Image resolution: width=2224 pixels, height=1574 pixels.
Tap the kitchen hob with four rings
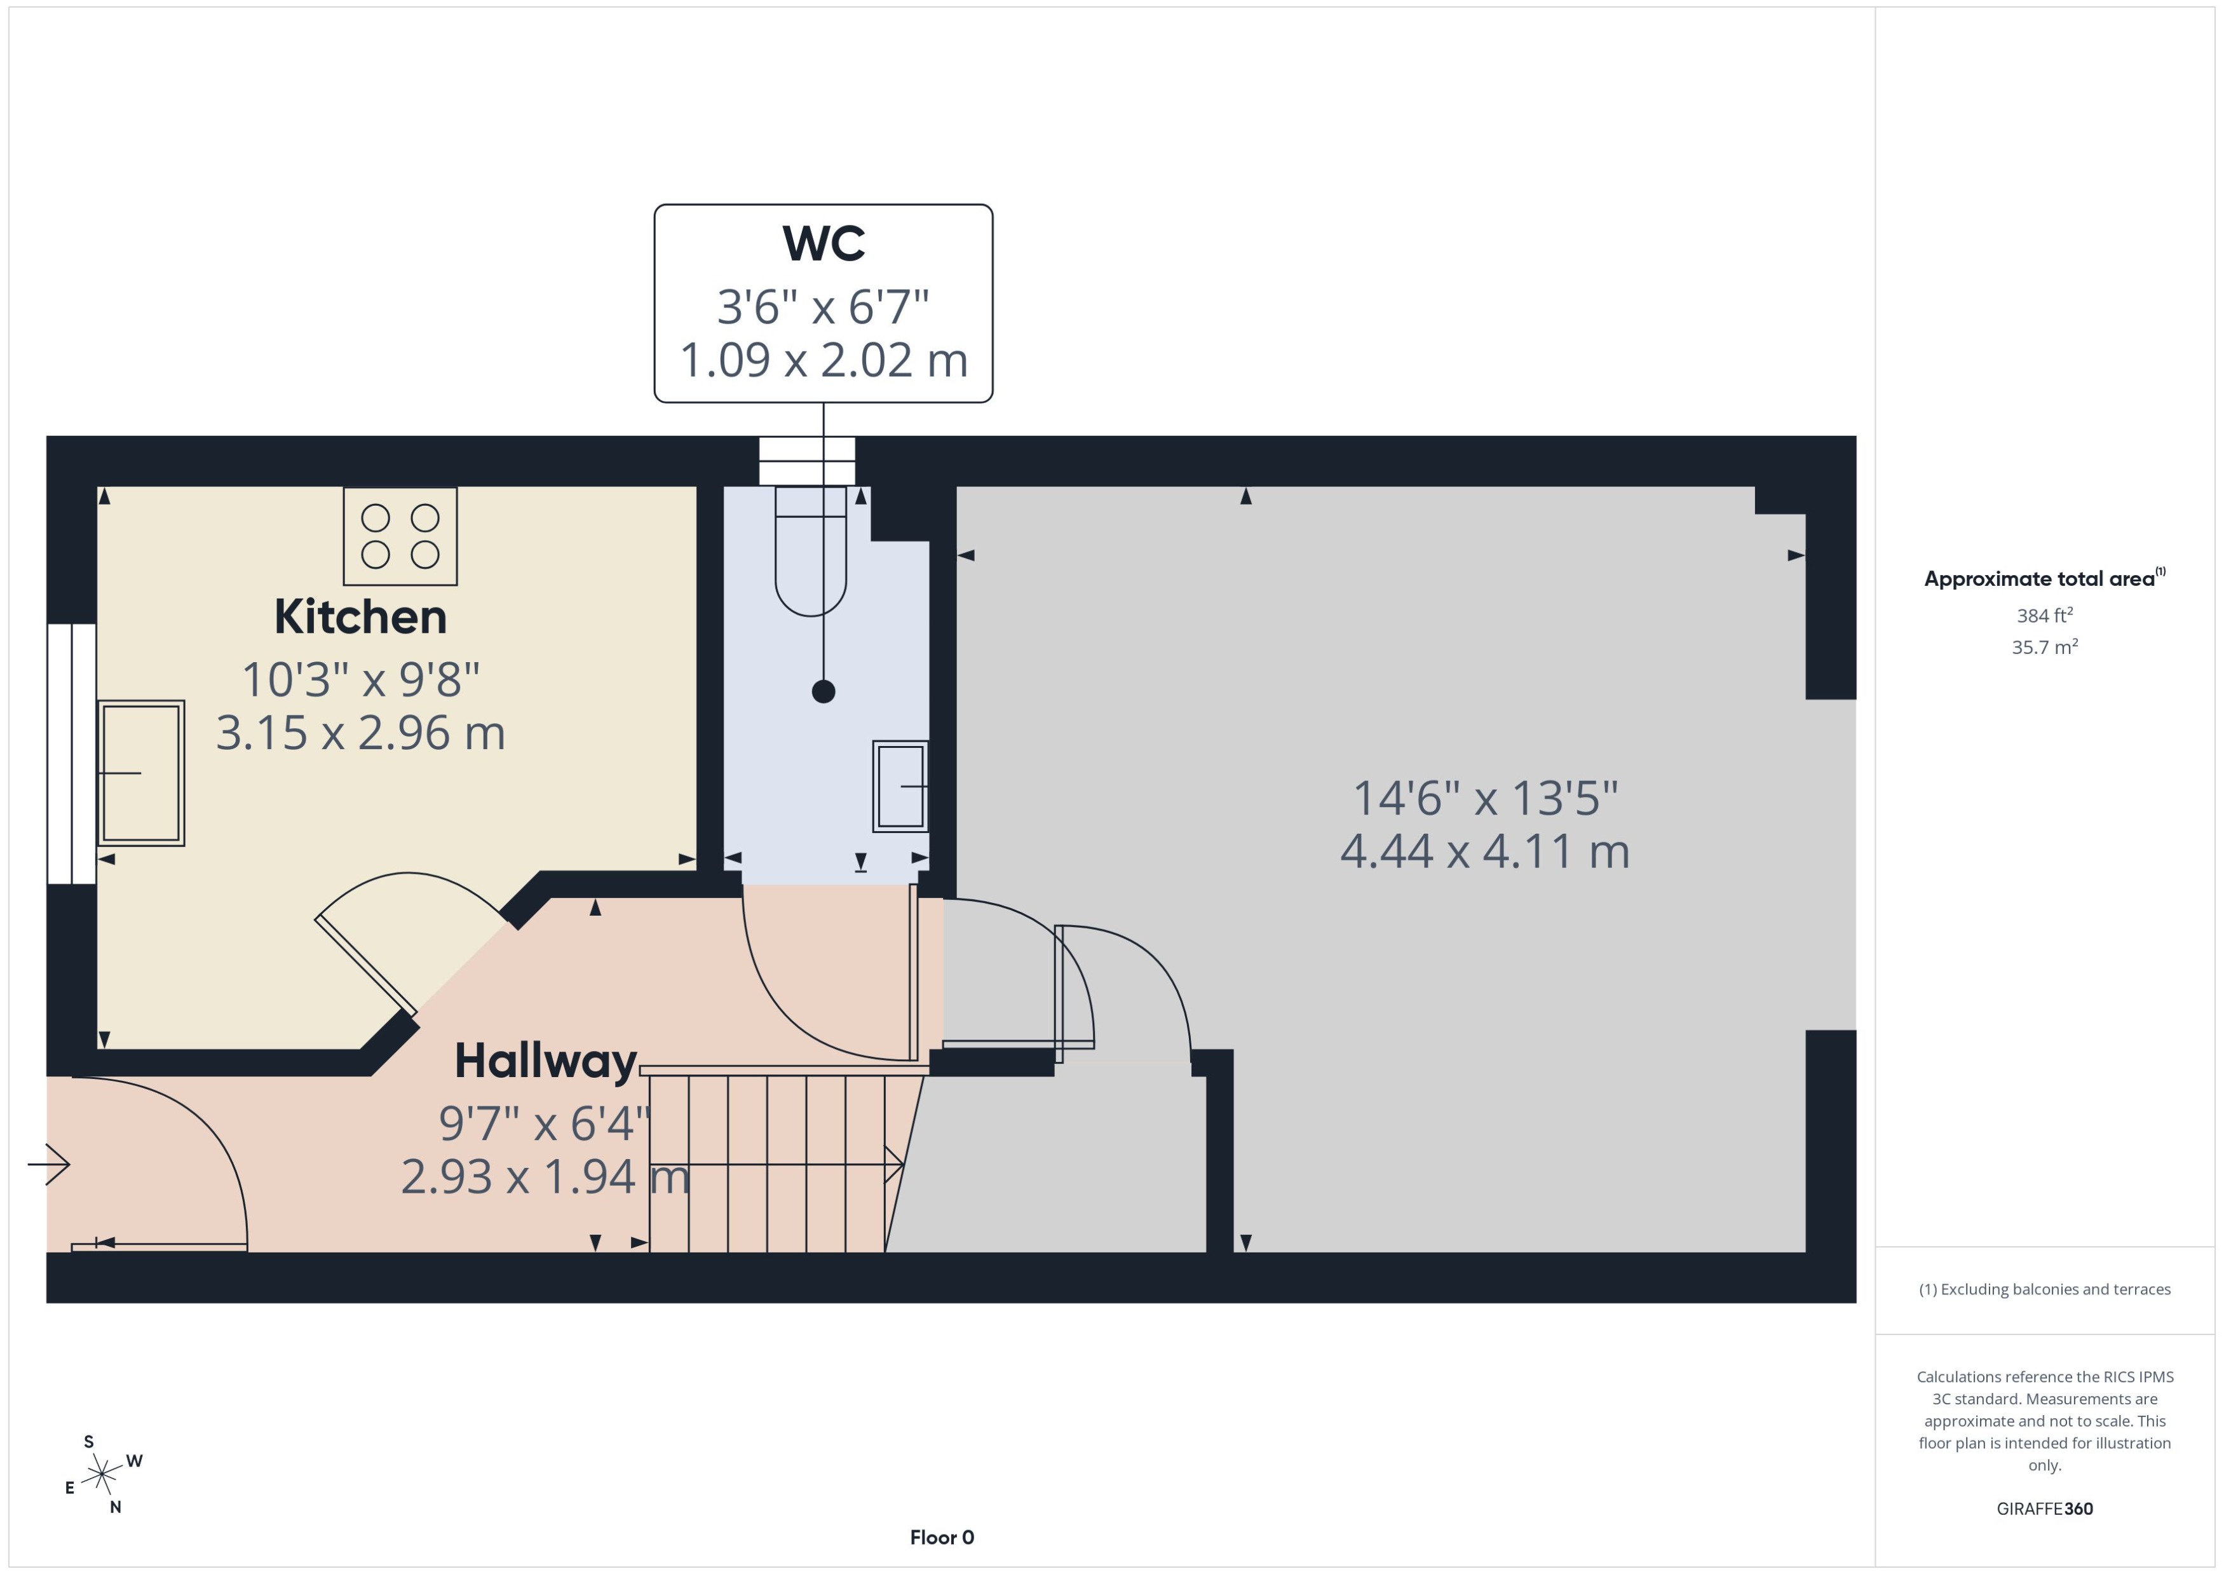[x=400, y=536]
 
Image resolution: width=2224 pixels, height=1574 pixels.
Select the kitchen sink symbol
[x=142, y=773]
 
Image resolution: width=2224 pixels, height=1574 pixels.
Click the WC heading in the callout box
[x=823, y=243]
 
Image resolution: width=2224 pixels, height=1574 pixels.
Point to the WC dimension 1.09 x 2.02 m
[x=823, y=360]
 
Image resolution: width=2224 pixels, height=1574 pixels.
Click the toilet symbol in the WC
[x=810, y=552]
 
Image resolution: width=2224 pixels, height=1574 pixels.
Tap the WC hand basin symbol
[x=900, y=786]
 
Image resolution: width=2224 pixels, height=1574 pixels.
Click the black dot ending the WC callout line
[x=823, y=691]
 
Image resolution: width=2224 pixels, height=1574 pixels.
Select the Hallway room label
[x=546, y=1061]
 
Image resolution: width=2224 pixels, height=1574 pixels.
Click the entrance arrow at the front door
[x=50, y=1164]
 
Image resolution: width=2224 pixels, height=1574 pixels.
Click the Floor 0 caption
[x=941, y=1537]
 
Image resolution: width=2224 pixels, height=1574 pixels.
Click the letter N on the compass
[x=115, y=1507]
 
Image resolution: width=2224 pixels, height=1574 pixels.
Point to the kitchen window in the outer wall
[x=71, y=754]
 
